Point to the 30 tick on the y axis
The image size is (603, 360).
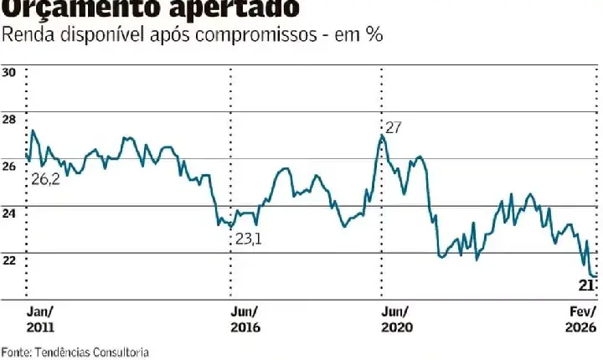[x=10, y=73]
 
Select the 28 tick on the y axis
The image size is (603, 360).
[x=10, y=120]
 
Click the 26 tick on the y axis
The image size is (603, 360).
[x=10, y=167]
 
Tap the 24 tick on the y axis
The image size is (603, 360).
[x=10, y=213]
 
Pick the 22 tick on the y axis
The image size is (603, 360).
[x=10, y=260]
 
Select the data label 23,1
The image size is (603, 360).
[x=249, y=239]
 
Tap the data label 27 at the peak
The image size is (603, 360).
[x=394, y=128]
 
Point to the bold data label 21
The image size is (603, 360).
[x=587, y=286]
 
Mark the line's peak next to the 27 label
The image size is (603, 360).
[x=382, y=135]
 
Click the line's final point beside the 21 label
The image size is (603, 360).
[x=595, y=275]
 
